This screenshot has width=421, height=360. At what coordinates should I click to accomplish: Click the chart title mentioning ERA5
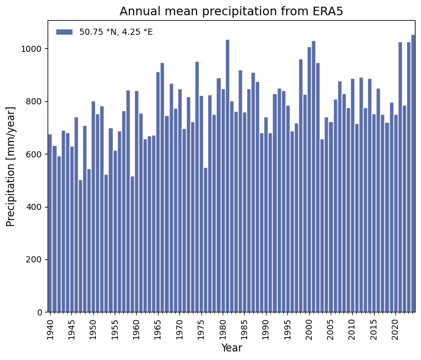pos(231,12)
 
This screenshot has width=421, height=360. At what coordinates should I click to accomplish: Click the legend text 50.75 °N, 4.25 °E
pos(116,32)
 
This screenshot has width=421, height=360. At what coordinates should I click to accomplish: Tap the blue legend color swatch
pos(64,32)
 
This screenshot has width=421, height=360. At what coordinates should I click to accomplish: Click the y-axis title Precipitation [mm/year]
pos(11,166)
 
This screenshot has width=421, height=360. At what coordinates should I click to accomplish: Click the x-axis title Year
pos(231,348)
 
